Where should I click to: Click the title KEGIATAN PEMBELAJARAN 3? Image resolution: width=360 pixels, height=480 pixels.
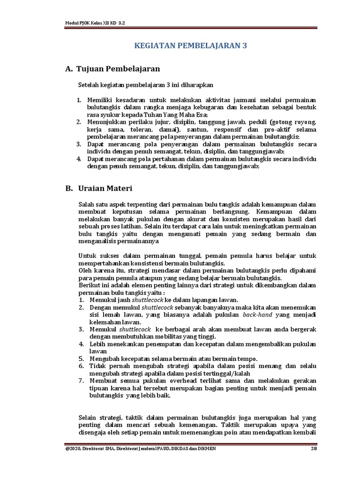(x=190, y=45)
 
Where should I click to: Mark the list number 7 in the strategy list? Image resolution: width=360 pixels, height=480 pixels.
(x=81, y=381)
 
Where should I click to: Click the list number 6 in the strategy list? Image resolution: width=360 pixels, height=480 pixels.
(x=81, y=366)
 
